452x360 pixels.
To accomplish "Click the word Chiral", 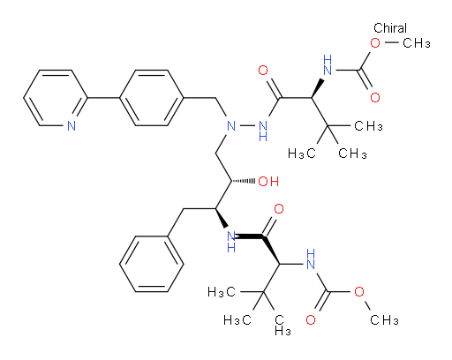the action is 390,28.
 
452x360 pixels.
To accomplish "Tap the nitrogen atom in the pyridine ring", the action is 72,125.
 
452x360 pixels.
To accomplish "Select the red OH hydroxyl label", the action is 268,182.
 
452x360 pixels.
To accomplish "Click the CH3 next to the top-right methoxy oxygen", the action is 417,43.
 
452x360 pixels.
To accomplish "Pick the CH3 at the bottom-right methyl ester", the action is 384,319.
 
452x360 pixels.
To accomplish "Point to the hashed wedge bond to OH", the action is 244,181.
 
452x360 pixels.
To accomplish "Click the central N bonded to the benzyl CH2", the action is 231,126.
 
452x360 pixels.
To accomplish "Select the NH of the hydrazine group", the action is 263,131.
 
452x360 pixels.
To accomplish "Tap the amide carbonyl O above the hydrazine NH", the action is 263,71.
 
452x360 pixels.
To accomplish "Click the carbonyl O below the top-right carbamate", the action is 375,98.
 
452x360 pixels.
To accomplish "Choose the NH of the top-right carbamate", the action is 328,64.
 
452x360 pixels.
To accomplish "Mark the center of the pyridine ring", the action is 56,98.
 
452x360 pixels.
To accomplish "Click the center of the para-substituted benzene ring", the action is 152,98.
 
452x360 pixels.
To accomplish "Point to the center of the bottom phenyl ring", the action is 152,264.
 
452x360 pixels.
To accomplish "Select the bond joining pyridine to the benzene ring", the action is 103,98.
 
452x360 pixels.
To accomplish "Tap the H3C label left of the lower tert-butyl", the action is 222,292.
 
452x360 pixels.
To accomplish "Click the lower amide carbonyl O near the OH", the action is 279,209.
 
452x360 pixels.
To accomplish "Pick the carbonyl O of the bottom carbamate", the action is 311,319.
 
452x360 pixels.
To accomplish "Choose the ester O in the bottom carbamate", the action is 359,292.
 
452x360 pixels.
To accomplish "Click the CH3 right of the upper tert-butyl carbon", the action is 368,126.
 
